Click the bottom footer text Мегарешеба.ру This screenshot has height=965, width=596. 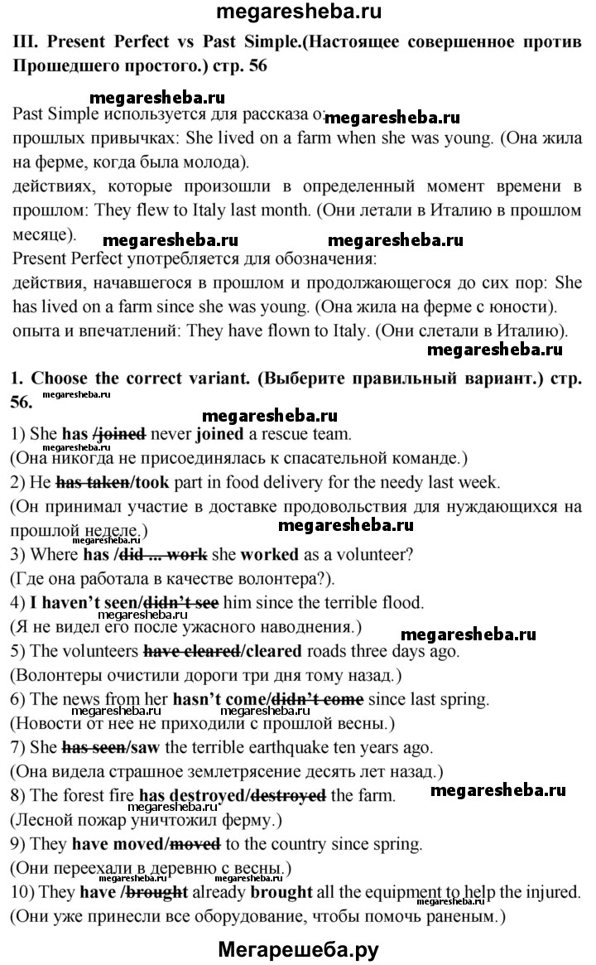(x=298, y=949)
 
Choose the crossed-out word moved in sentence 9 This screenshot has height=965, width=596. (x=196, y=845)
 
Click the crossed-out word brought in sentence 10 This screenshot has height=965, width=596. (x=163, y=893)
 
